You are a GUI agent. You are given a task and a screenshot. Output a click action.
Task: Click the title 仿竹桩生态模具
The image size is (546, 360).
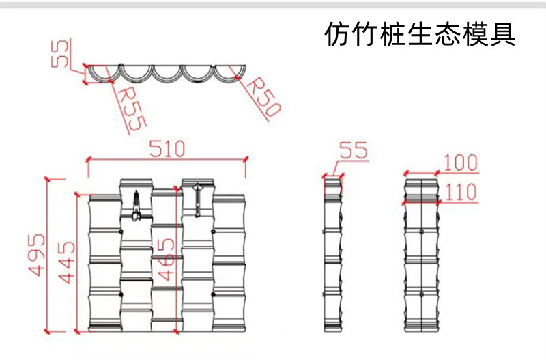tap(419, 34)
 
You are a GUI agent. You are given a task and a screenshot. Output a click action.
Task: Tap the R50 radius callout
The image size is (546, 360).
tap(262, 98)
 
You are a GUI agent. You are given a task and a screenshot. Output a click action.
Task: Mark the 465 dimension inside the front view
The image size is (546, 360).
tap(165, 259)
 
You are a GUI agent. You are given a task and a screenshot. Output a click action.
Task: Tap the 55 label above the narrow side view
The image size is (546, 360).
tap(353, 151)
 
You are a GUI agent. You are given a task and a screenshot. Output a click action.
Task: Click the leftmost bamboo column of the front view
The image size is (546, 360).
tap(104, 263)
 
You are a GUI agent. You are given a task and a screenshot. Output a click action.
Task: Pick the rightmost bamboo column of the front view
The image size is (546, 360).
tap(229, 263)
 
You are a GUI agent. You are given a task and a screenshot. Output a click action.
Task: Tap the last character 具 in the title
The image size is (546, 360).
tap(501, 34)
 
